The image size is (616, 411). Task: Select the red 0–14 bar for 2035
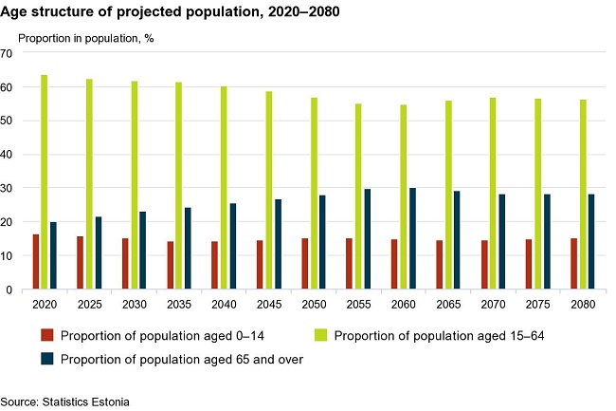coord(171,266)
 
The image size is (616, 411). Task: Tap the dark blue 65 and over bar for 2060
coord(411,238)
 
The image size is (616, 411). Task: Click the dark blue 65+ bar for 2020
coord(53,255)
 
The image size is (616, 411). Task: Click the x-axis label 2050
coord(313,305)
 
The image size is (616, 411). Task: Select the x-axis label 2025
coord(89,305)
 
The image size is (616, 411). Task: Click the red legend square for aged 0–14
coord(46,335)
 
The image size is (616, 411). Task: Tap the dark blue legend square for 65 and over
coord(46,359)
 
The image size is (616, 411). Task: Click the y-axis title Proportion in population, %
coord(86,38)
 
